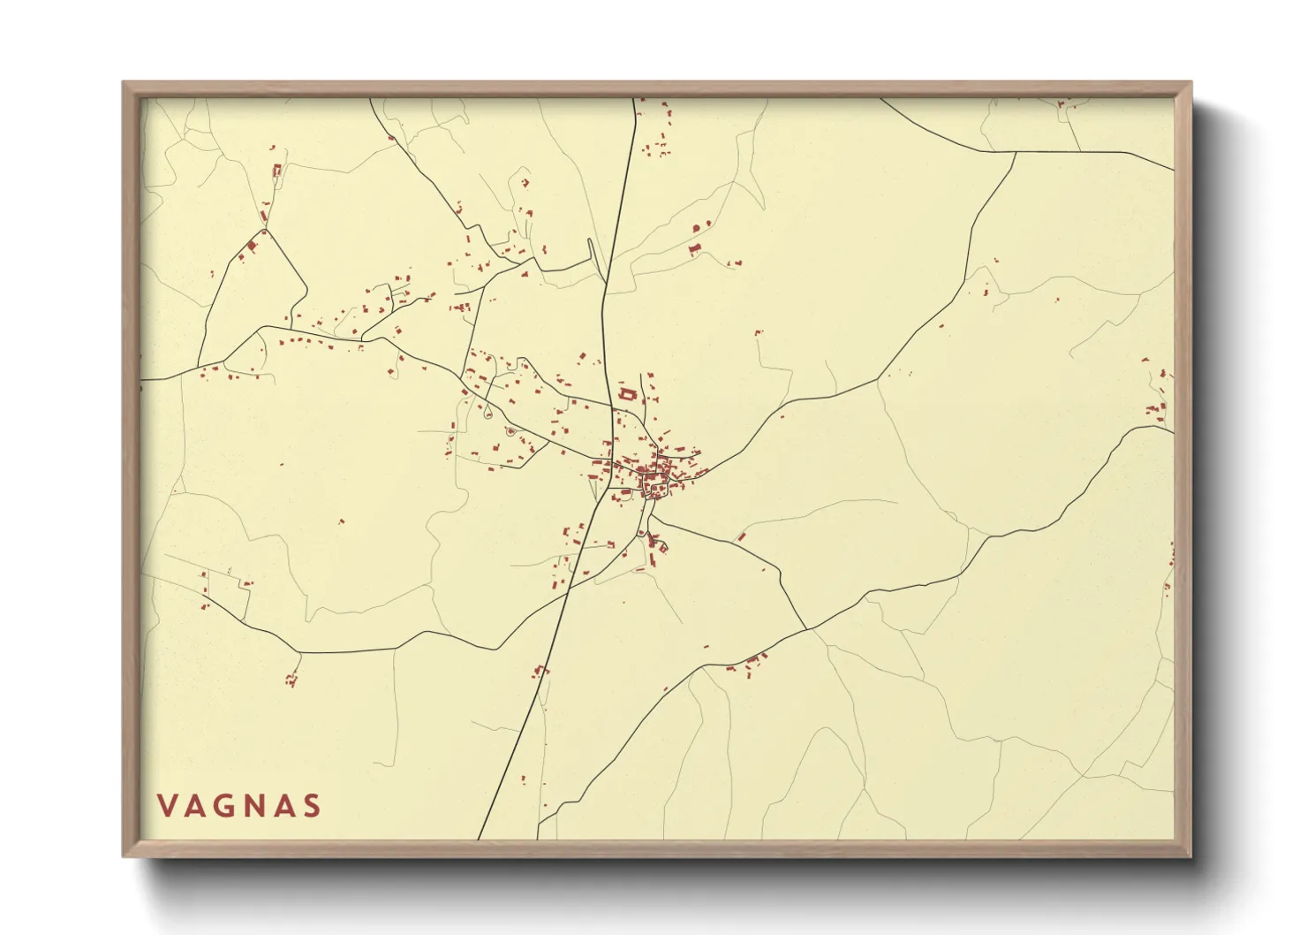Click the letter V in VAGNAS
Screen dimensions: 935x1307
[166, 806]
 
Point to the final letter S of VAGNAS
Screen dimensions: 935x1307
[311, 806]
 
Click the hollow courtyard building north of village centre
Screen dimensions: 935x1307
[628, 394]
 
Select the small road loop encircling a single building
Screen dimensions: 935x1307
[510, 431]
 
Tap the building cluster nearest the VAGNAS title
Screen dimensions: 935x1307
[291, 680]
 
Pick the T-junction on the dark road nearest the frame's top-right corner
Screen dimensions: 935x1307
[1016, 152]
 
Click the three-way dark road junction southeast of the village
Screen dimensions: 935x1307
[806, 629]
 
